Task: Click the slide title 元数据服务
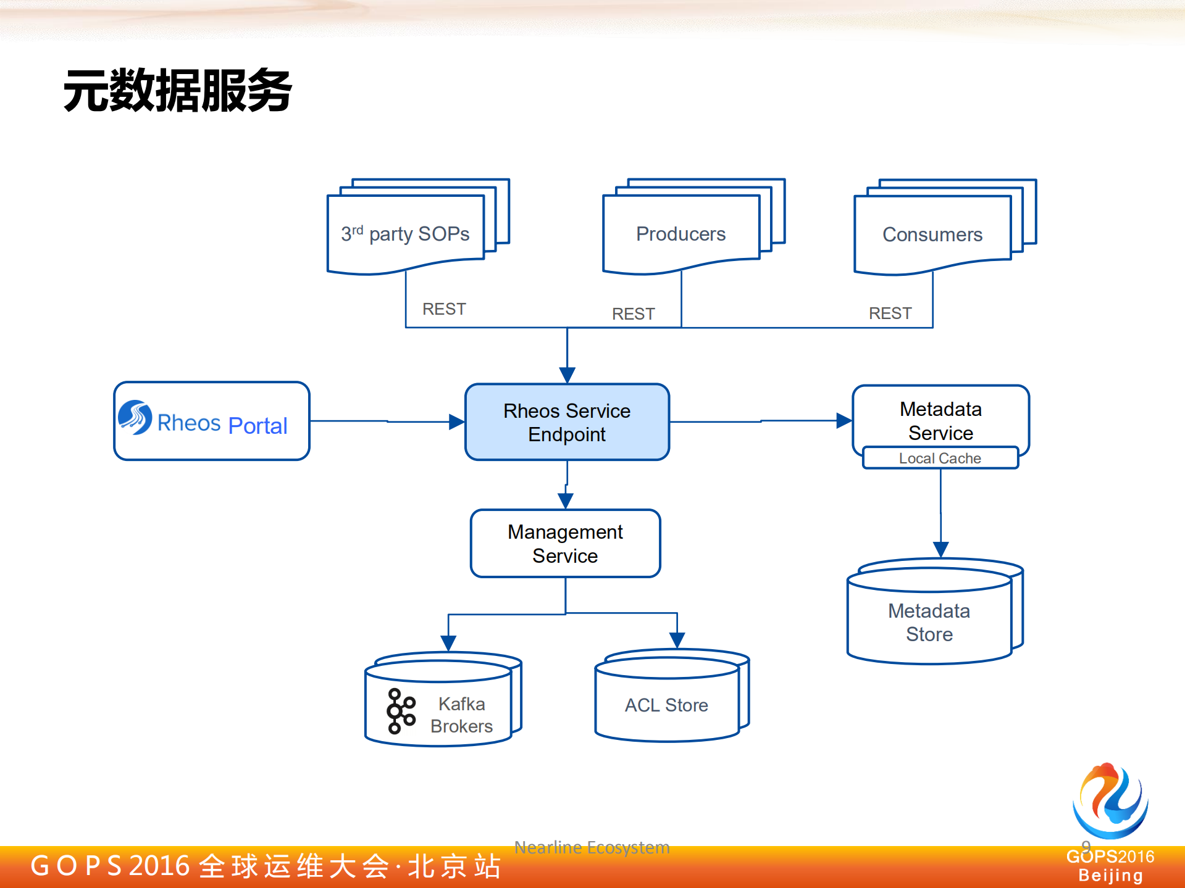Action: pyautogui.click(x=177, y=91)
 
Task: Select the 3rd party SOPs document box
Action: pyautogui.click(x=406, y=234)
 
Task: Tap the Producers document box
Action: pyautogui.click(x=681, y=234)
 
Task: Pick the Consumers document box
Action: pyautogui.click(x=932, y=234)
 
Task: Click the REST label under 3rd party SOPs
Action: pyautogui.click(x=444, y=309)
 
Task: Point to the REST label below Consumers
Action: pyautogui.click(x=890, y=313)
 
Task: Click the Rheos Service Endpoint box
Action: pyautogui.click(x=567, y=422)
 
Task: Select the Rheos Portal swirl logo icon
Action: pyautogui.click(x=135, y=417)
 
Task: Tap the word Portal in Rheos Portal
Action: pyautogui.click(x=258, y=425)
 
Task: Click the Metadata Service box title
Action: pyautogui.click(x=940, y=420)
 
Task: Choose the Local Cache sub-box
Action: pyautogui.click(x=940, y=458)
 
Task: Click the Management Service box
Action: pyautogui.click(x=565, y=544)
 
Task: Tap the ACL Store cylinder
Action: pyautogui.click(x=667, y=704)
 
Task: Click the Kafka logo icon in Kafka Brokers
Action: pyautogui.click(x=401, y=711)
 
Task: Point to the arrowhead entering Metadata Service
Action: pyautogui.click(x=844, y=421)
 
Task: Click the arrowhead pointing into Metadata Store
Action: pyautogui.click(x=940, y=549)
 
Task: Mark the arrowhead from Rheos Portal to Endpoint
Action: pyautogui.click(x=456, y=421)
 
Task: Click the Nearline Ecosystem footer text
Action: pyautogui.click(x=592, y=847)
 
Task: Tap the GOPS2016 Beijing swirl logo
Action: pyautogui.click(x=1110, y=801)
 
